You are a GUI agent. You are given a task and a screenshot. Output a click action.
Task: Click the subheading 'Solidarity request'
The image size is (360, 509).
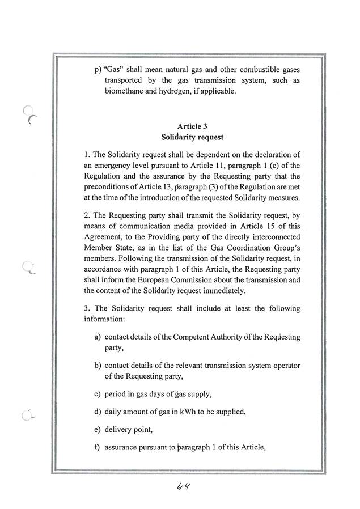(192, 137)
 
